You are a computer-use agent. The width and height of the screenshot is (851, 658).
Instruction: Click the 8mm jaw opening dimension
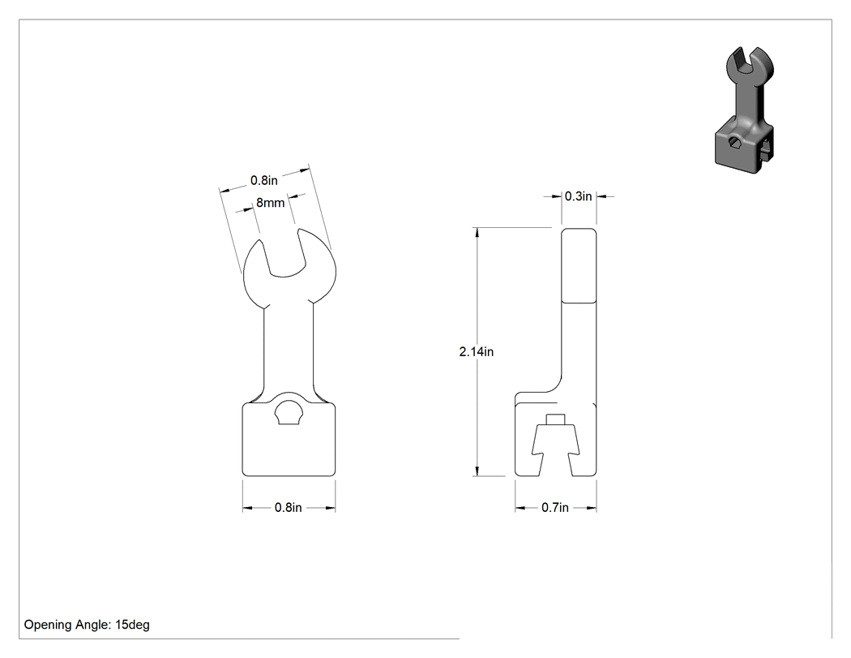(270, 203)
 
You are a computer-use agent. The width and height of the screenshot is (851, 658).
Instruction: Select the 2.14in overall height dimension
(477, 352)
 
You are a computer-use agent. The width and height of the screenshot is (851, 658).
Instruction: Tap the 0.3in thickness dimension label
(578, 196)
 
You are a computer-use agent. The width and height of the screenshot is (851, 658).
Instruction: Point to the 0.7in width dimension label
(555, 507)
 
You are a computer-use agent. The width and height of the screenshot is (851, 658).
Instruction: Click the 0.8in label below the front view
(289, 507)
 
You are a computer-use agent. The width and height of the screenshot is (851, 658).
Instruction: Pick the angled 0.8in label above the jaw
(263, 180)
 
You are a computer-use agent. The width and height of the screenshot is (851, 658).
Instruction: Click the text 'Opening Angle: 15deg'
(87, 625)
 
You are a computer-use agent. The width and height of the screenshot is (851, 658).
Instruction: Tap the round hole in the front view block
(289, 412)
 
